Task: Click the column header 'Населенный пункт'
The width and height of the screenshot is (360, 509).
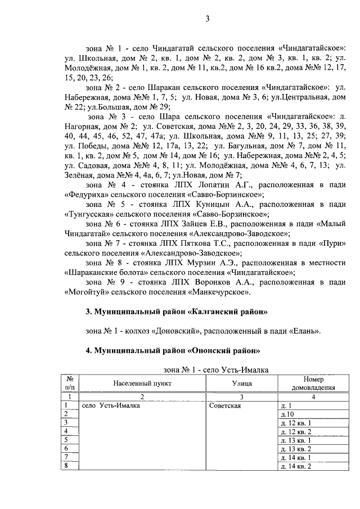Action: pyautogui.click(x=141, y=383)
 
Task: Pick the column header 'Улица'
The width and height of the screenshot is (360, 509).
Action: pyautogui.click(x=241, y=383)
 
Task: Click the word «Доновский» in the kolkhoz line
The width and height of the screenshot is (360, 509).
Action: pyautogui.click(x=175, y=331)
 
